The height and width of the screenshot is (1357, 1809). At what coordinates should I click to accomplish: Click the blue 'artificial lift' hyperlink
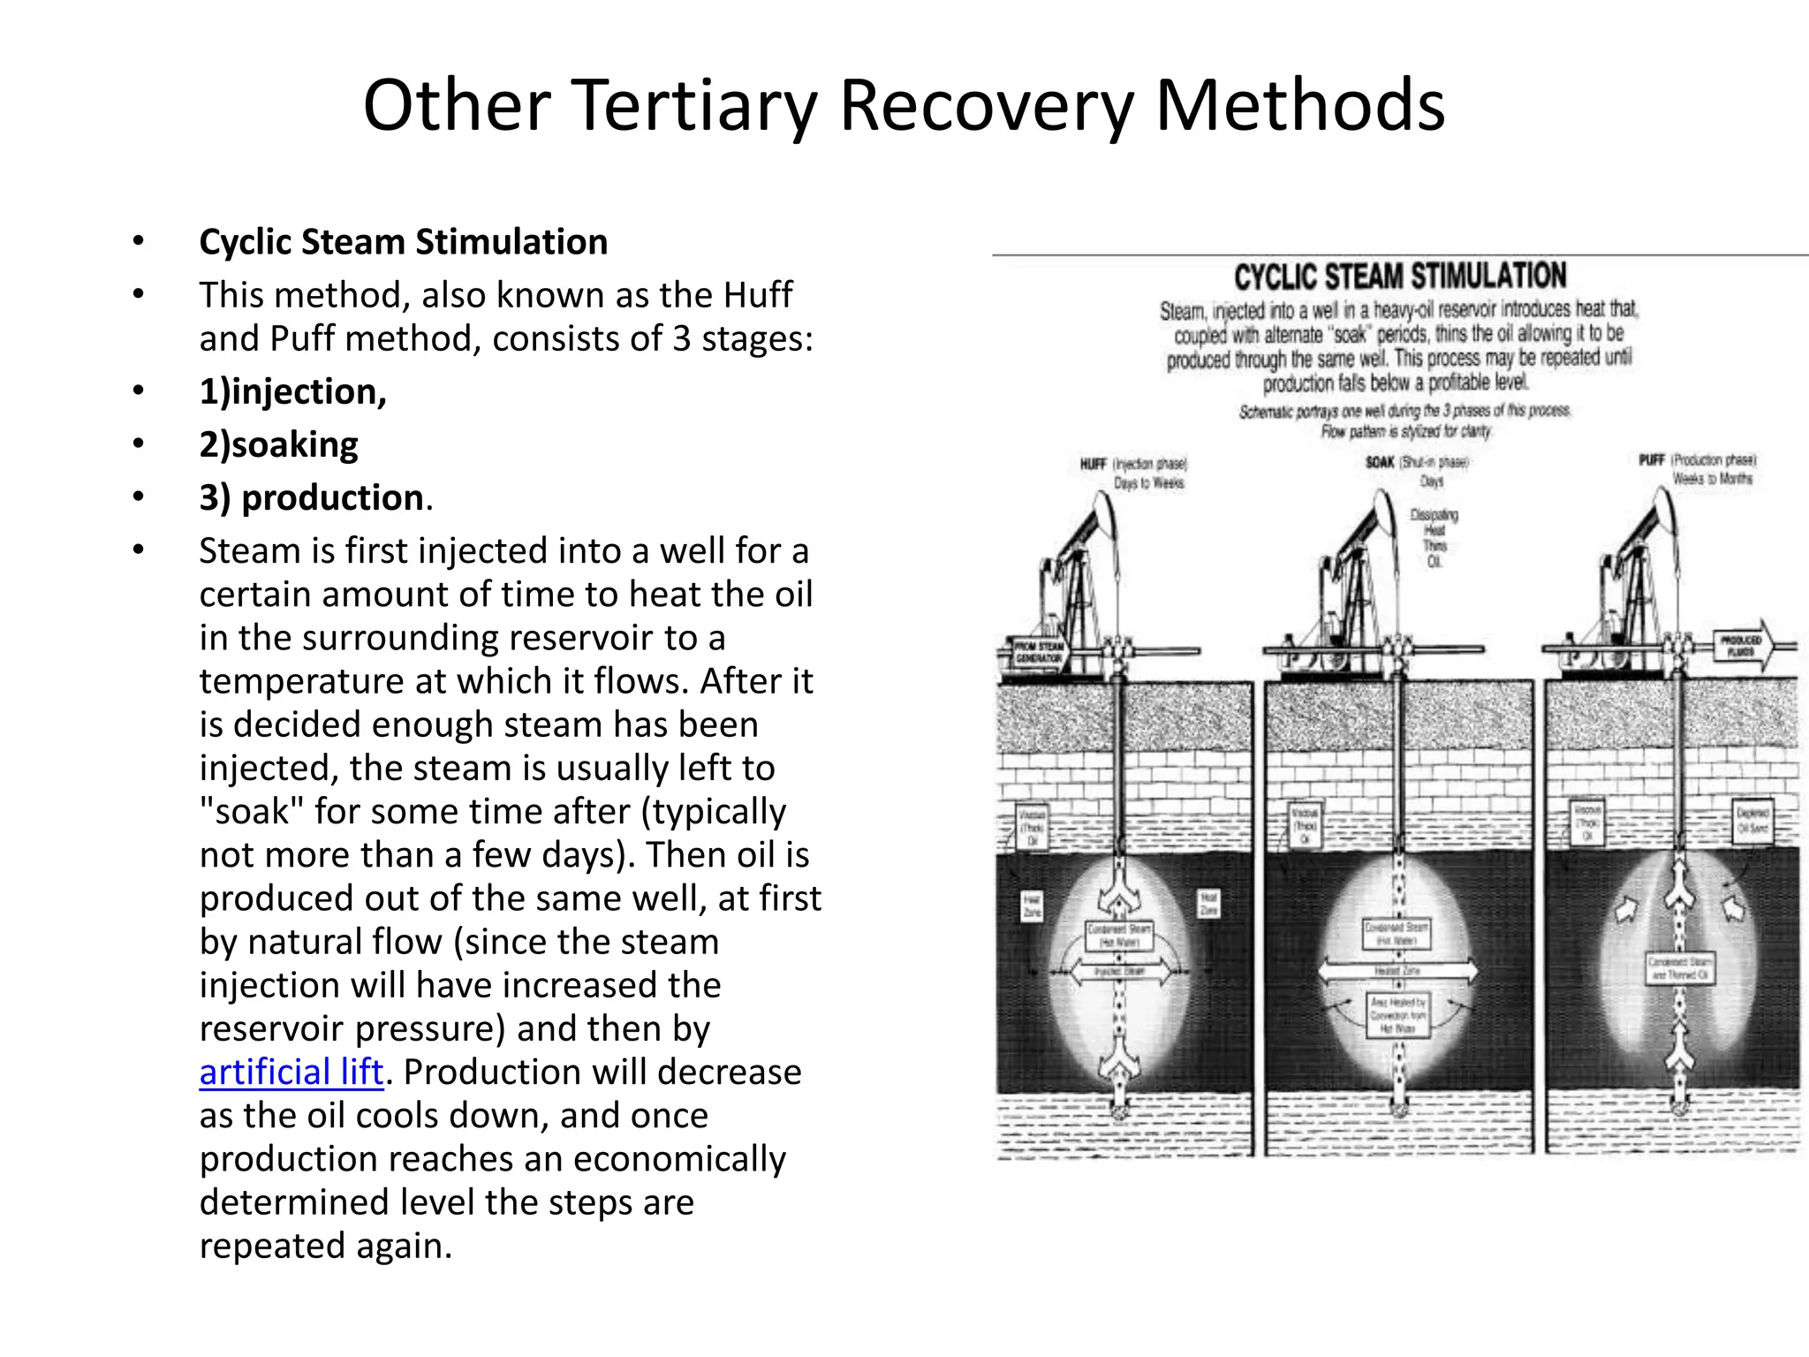(291, 1073)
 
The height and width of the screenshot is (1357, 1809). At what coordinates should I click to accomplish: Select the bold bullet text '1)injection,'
(292, 391)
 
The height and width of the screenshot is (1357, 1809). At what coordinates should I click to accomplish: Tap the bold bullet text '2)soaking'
(278, 444)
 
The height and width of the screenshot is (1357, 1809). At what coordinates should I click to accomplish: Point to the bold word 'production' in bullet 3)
(332, 497)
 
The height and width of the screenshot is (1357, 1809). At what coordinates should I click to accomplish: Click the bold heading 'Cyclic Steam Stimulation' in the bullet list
(403, 242)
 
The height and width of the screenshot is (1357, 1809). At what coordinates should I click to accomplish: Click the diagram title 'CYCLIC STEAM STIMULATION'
(1400, 277)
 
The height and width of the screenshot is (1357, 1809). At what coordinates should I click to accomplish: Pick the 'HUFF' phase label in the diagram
(1093, 464)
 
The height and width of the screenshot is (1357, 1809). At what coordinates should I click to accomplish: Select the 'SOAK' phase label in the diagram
(1380, 462)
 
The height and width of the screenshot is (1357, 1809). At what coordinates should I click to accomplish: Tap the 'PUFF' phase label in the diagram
(1652, 460)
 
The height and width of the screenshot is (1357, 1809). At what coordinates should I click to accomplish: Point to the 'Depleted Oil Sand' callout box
(1752, 820)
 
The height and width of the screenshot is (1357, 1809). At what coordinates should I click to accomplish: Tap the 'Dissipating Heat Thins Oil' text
(1434, 538)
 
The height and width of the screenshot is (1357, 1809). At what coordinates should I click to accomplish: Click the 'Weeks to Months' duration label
(1712, 479)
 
